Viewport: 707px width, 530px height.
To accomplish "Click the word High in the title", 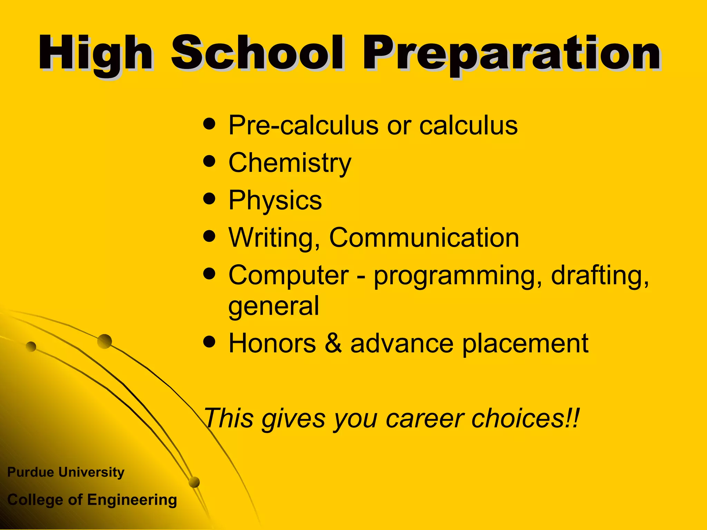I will point(95,55).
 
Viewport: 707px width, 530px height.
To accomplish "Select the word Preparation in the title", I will point(511,55).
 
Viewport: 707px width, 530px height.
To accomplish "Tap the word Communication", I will point(424,238).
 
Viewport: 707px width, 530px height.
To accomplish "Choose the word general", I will point(274,306).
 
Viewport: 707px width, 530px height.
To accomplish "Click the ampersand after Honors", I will point(333,344).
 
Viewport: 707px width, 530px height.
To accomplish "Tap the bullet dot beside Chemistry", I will point(209,161).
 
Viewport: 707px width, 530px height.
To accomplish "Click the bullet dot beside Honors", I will point(209,342).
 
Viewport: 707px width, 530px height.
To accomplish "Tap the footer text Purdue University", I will point(66,472).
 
